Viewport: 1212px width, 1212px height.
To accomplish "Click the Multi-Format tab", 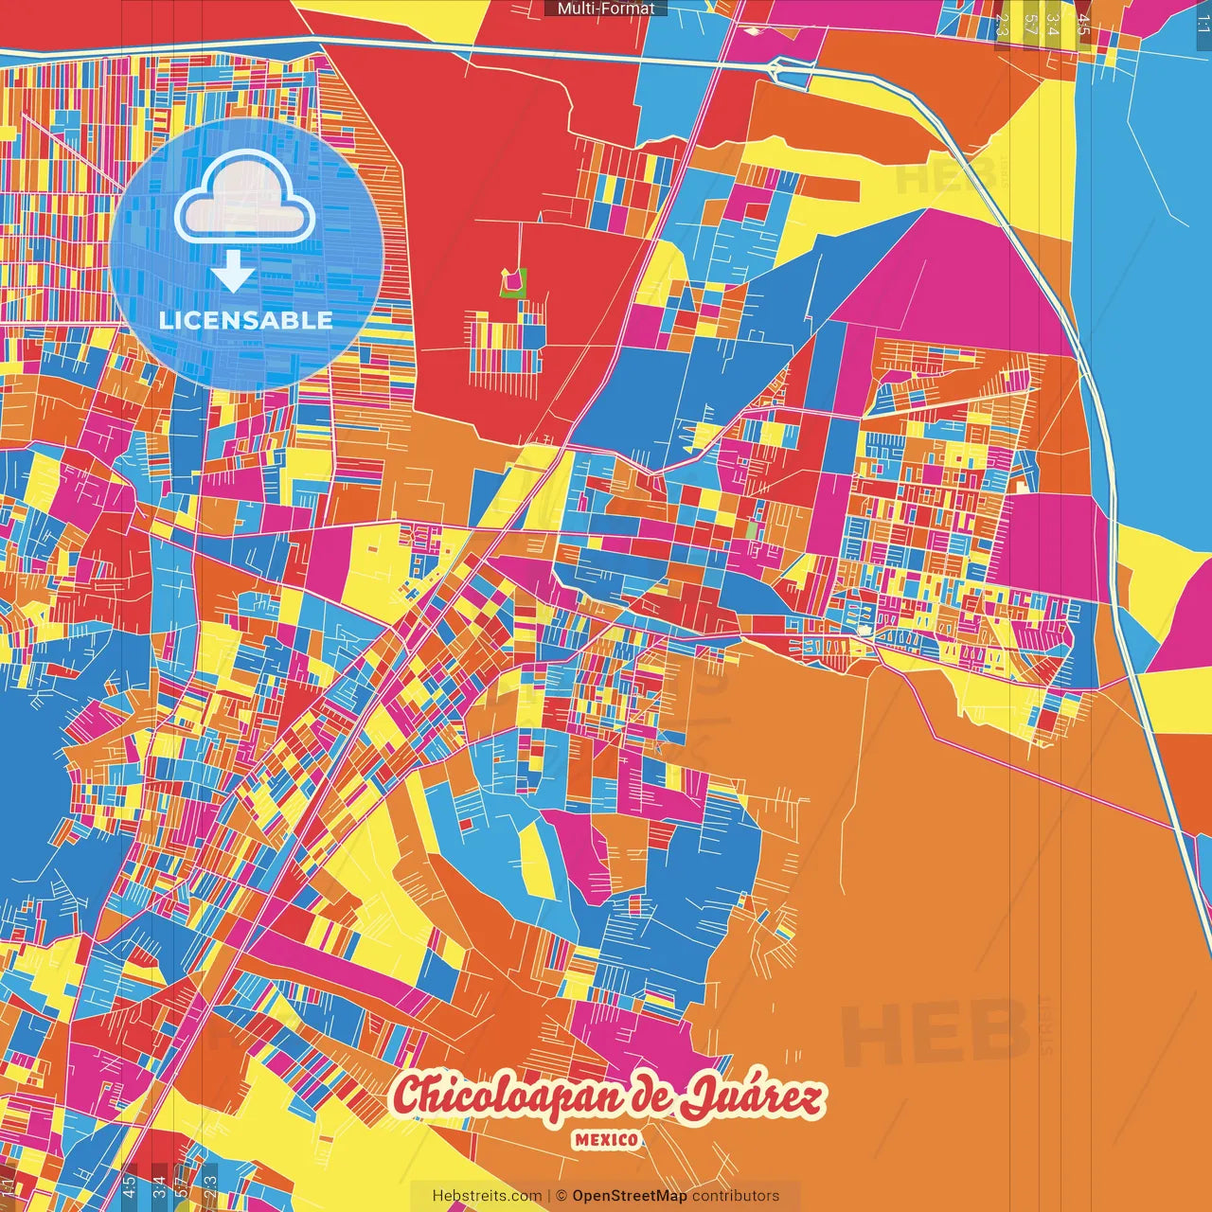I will [x=606, y=9].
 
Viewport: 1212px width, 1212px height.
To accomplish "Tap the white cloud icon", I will [x=245, y=198].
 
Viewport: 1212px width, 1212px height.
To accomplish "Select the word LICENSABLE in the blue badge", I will [x=246, y=320].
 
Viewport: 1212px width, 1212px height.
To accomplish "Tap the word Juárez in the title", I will [x=753, y=1098].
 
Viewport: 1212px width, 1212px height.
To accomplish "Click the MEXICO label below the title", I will [x=606, y=1139].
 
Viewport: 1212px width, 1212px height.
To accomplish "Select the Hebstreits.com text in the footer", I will [x=487, y=1196].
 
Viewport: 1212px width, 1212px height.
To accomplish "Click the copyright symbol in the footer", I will [x=561, y=1196].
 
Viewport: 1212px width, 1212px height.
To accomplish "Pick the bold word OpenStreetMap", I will [x=630, y=1196].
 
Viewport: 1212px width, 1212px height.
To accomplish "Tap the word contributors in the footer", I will [x=736, y=1196].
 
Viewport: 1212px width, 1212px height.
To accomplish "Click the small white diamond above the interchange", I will [x=754, y=30].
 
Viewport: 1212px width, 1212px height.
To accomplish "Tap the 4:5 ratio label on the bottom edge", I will [x=129, y=1185].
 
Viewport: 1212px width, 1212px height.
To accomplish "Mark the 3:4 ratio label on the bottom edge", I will [x=159, y=1185].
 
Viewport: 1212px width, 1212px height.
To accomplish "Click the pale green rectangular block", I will [x=752, y=530].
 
